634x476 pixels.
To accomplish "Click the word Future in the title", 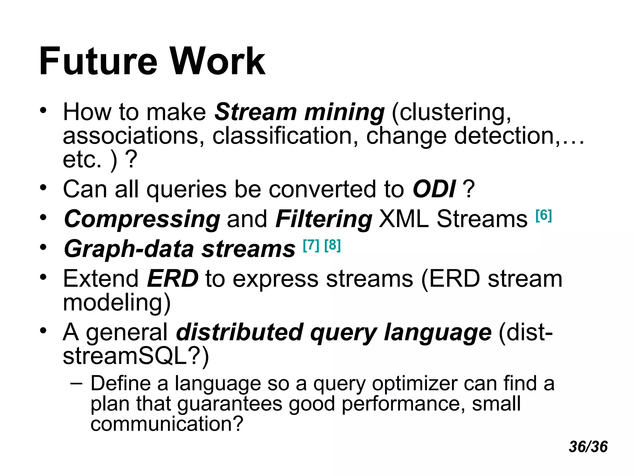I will [98, 61].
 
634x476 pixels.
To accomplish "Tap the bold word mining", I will [344, 112].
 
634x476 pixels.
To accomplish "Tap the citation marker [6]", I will [544, 215].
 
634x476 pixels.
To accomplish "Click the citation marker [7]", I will [311, 245].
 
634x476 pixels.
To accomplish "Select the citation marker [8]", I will [332, 245].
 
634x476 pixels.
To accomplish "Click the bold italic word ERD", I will [172, 279].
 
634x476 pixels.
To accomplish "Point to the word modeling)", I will [117, 303].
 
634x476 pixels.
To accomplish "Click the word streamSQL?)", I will [136, 356].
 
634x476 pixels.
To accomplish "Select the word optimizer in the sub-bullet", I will [414, 384].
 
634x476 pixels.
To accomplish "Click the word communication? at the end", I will [167, 424].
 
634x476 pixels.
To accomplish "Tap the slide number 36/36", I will [588, 447].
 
